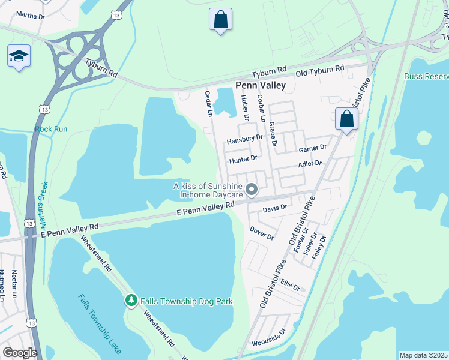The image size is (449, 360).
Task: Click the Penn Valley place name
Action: tap(260, 86)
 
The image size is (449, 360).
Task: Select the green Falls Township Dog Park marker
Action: tap(131, 301)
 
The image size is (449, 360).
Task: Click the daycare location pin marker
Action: tap(252, 191)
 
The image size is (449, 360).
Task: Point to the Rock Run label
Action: tap(51, 129)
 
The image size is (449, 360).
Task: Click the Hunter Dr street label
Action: tap(243, 158)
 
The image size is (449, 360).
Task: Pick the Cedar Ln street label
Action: tap(209, 103)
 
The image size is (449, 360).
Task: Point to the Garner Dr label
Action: tap(312, 148)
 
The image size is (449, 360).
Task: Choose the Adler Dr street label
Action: tap(310, 163)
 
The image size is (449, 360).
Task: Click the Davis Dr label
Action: tap(275, 208)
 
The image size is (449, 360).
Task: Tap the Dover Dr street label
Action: tap(261, 233)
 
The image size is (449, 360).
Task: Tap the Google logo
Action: tap(20, 352)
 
